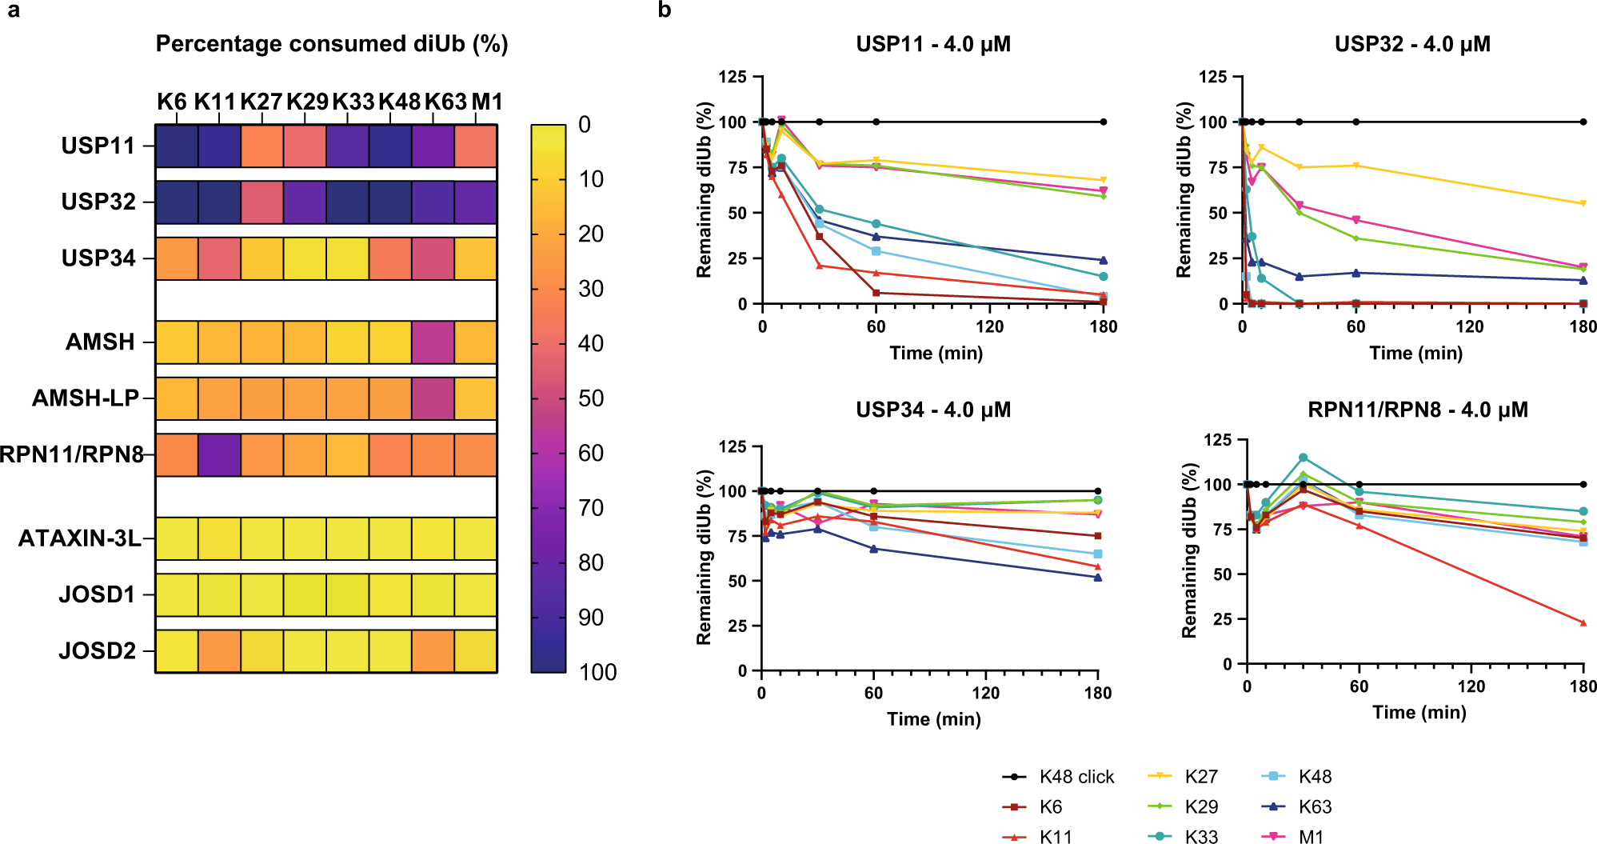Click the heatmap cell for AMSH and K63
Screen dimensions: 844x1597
tap(433, 342)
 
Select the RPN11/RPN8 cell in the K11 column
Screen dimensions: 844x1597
tap(219, 454)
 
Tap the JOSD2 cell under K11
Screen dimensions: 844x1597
tap(219, 650)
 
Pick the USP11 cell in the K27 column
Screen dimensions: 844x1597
tap(262, 146)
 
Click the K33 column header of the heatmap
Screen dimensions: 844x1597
tap(353, 102)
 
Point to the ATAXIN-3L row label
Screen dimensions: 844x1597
tap(79, 538)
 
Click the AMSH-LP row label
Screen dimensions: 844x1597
tap(85, 398)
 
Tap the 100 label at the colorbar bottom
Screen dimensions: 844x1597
tap(597, 672)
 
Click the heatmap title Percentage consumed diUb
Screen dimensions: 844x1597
tap(331, 43)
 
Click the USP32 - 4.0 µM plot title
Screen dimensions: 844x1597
tap(1412, 44)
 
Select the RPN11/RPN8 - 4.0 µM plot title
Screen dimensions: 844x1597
tap(1417, 410)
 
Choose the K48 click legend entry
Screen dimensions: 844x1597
tap(1057, 777)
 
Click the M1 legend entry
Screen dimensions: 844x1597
tap(1296, 837)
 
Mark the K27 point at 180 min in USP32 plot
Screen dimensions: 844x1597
tap(1583, 203)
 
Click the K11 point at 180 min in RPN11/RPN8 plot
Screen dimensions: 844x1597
tap(1583, 622)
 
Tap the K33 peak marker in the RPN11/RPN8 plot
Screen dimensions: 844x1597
tap(1303, 458)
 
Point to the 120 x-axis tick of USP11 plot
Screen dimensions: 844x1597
tap(989, 326)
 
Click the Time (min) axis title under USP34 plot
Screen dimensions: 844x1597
tap(933, 718)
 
